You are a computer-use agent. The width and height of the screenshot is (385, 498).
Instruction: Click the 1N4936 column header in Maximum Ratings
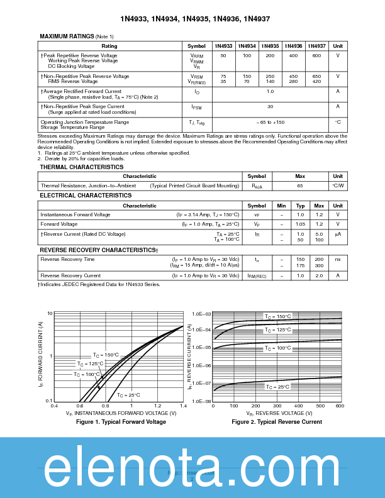coord(293,46)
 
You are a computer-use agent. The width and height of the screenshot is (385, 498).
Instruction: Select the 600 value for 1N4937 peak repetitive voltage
coord(316,56)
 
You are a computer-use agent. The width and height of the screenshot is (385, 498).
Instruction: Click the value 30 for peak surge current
coord(270,107)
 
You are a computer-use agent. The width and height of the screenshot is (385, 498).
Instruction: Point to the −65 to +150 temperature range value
coord(270,122)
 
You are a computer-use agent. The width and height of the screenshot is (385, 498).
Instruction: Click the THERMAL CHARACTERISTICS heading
coord(82,167)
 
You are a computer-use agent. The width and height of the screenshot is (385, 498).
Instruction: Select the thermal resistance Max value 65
coord(300,185)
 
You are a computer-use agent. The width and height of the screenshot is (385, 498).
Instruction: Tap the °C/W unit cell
coord(338,185)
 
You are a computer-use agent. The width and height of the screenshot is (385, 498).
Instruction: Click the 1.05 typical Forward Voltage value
coord(300,224)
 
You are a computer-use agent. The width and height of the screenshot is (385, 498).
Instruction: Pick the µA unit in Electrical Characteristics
coord(338,234)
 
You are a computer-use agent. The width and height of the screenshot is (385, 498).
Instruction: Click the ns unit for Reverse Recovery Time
coord(338,259)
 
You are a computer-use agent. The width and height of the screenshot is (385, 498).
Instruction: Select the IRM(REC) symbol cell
coord(257,275)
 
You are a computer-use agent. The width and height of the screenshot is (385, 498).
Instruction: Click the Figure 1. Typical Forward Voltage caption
coord(121,422)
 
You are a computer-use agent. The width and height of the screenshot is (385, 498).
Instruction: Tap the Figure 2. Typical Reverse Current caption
coord(277,422)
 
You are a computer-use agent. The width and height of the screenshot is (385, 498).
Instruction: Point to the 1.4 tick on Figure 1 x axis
coord(183,406)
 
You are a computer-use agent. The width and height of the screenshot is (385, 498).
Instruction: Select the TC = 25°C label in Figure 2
coord(294,387)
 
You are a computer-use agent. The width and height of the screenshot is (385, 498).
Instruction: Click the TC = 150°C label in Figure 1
coord(106,355)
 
